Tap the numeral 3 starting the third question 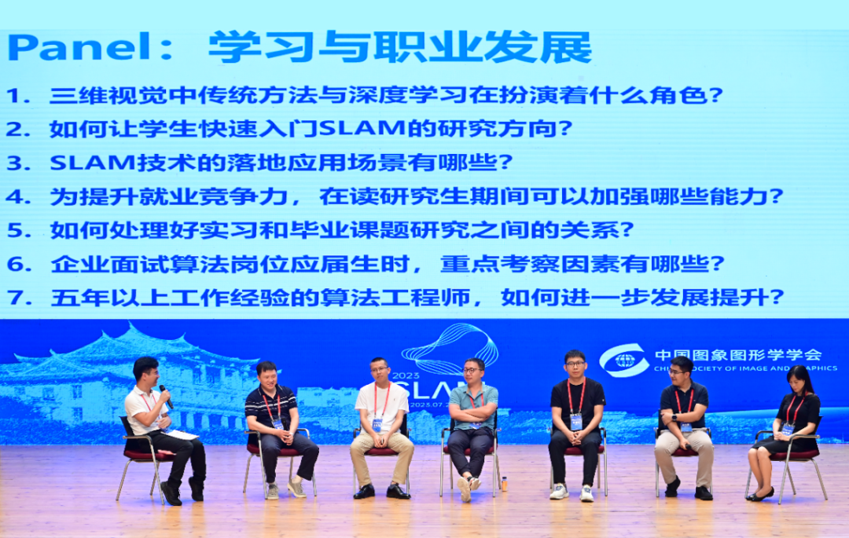tap(15, 163)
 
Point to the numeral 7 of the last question tap(15, 298)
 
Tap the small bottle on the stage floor tap(504, 483)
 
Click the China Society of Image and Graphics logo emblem tap(624, 361)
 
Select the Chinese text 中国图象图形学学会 tap(737, 355)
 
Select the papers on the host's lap tap(181, 434)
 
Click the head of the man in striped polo tap(267, 375)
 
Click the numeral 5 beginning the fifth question tap(15, 230)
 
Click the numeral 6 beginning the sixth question tap(15, 265)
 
